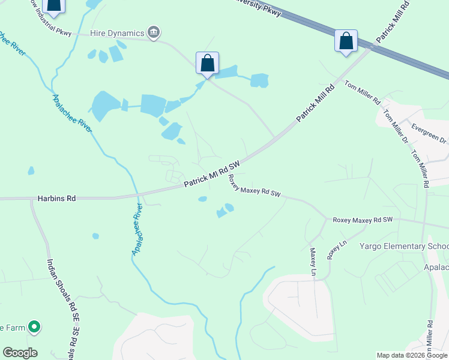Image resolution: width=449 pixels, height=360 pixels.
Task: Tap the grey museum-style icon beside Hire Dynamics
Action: tap(154, 32)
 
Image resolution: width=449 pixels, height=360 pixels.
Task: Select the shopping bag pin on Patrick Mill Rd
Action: tap(346, 42)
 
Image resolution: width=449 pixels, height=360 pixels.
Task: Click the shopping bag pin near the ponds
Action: tap(207, 64)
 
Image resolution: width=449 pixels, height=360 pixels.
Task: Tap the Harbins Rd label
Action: tap(56, 197)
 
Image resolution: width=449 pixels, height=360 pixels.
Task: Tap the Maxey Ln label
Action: tap(313, 262)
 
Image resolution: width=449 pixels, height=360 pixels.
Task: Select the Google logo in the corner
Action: tap(20, 353)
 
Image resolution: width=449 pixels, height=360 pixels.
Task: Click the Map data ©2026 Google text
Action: tap(412, 355)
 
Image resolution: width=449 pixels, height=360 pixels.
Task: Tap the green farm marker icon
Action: tap(35, 327)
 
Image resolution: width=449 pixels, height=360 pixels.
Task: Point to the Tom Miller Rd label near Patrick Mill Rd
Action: tap(363, 91)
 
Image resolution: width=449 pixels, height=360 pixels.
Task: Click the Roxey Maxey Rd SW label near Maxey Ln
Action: tap(362, 220)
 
